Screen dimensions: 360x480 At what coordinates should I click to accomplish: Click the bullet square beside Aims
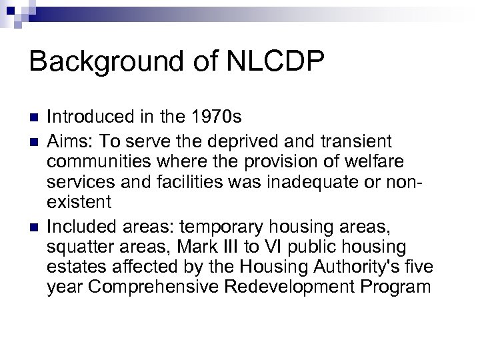pyautogui.click(x=35, y=144)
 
